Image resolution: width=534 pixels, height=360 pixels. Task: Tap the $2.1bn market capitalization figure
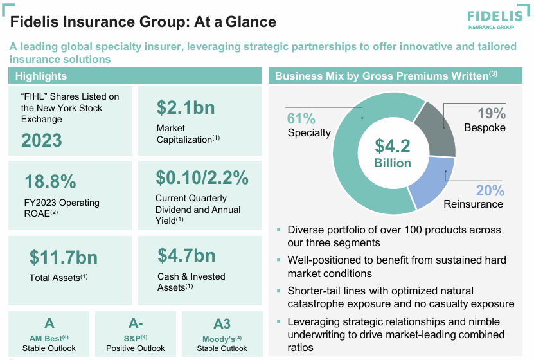(x=186, y=107)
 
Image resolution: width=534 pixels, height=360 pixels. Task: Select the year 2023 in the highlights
(x=42, y=140)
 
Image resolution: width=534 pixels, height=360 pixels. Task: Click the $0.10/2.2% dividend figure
(x=202, y=177)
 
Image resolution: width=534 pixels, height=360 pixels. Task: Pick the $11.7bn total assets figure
(x=64, y=258)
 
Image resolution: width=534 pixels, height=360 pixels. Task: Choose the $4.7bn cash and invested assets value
(x=186, y=255)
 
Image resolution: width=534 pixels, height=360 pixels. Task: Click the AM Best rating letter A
(x=49, y=323)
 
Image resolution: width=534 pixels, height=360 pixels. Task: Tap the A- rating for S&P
(x=136, y=323)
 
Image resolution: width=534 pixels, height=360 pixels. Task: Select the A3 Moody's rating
(x=222, y=323)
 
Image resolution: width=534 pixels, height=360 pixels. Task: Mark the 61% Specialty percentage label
(x=301, y=119)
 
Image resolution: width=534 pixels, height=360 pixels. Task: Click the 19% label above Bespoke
(x=491, y=114)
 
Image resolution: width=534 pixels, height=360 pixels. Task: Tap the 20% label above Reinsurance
(x=490, y=190)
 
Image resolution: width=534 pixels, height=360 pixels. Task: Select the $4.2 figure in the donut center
(x=393, y=146)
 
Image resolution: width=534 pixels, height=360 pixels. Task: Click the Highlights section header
(x=41, y=76)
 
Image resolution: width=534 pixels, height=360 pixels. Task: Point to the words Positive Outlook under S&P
(x=136, y=348)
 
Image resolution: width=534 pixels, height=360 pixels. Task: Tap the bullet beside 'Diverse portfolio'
(x=278, y=230)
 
